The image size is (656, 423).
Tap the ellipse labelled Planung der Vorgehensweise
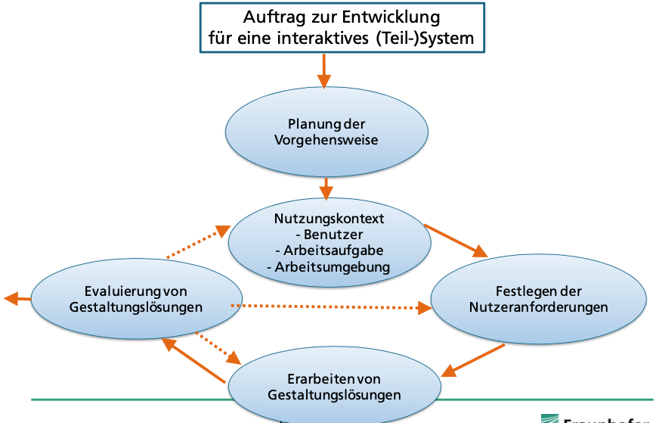(327, 132)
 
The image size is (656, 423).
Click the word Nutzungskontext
(329, 219)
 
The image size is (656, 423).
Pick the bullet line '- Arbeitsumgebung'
(329, 266)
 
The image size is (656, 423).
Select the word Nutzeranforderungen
(539, 308)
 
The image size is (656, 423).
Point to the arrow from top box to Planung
(324, 73)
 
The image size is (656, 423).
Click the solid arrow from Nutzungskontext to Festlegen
(457, 240)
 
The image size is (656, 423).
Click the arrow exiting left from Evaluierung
(17, 299)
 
